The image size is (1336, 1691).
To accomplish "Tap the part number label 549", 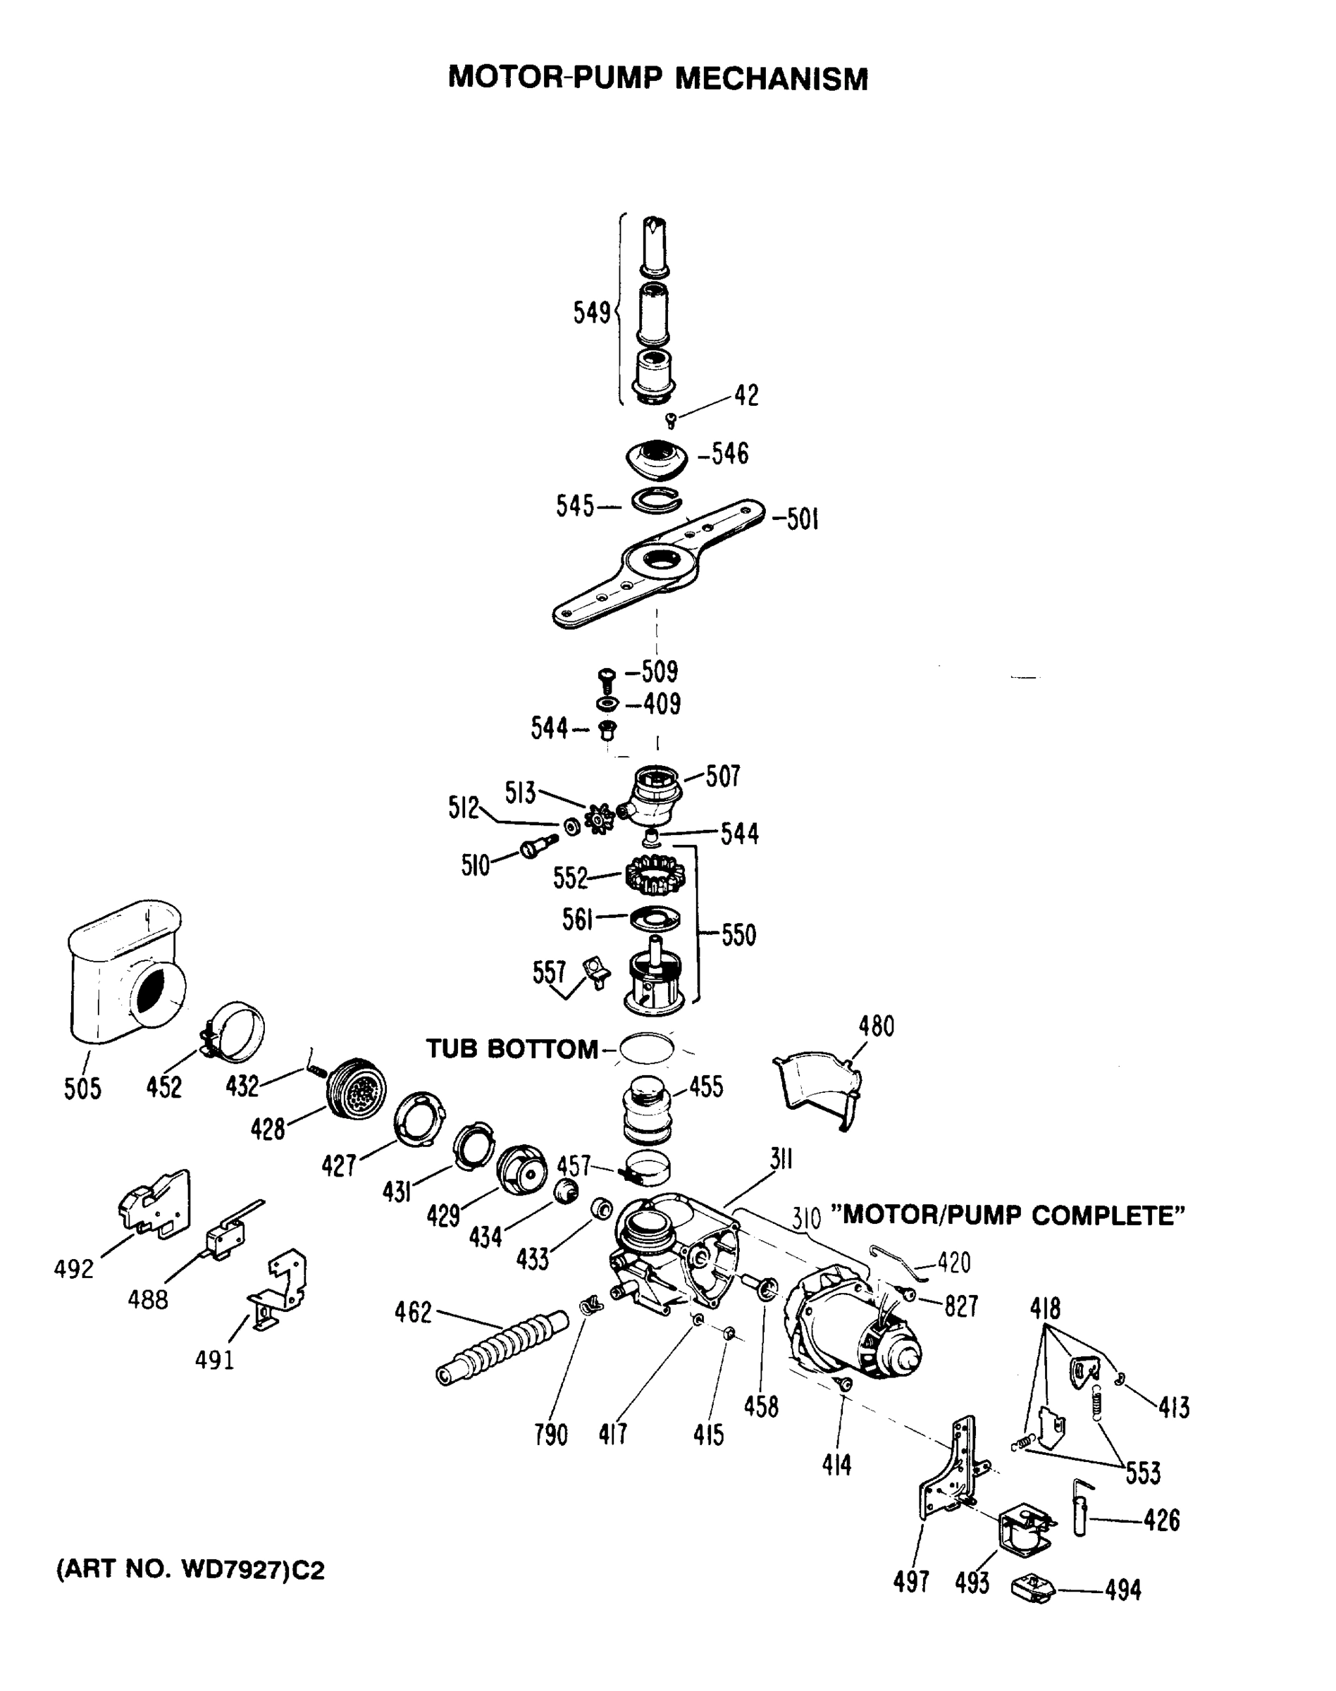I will (591, 313).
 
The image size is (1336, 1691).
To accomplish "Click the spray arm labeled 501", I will (657, 563).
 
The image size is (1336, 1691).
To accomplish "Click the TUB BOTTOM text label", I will (512, 1049).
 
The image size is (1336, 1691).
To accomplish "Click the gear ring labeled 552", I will (655, 875).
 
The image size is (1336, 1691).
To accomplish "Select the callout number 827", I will (961, 1306).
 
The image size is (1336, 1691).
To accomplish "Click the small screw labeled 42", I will (670, 421).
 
